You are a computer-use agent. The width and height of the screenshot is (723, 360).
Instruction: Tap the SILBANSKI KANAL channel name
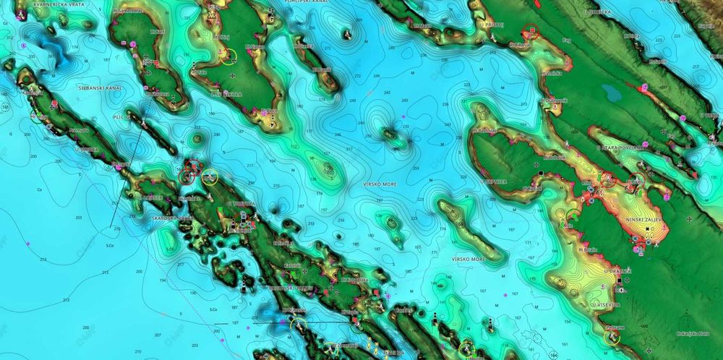click(100, 87)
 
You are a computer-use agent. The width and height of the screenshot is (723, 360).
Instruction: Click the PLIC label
click(121, 116)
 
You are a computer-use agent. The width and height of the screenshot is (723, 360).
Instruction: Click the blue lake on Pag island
click(612, 93)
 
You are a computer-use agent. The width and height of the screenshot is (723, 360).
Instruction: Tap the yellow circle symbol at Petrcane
click(612, 338)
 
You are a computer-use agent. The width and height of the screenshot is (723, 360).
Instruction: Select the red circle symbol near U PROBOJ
click(533, 32)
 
